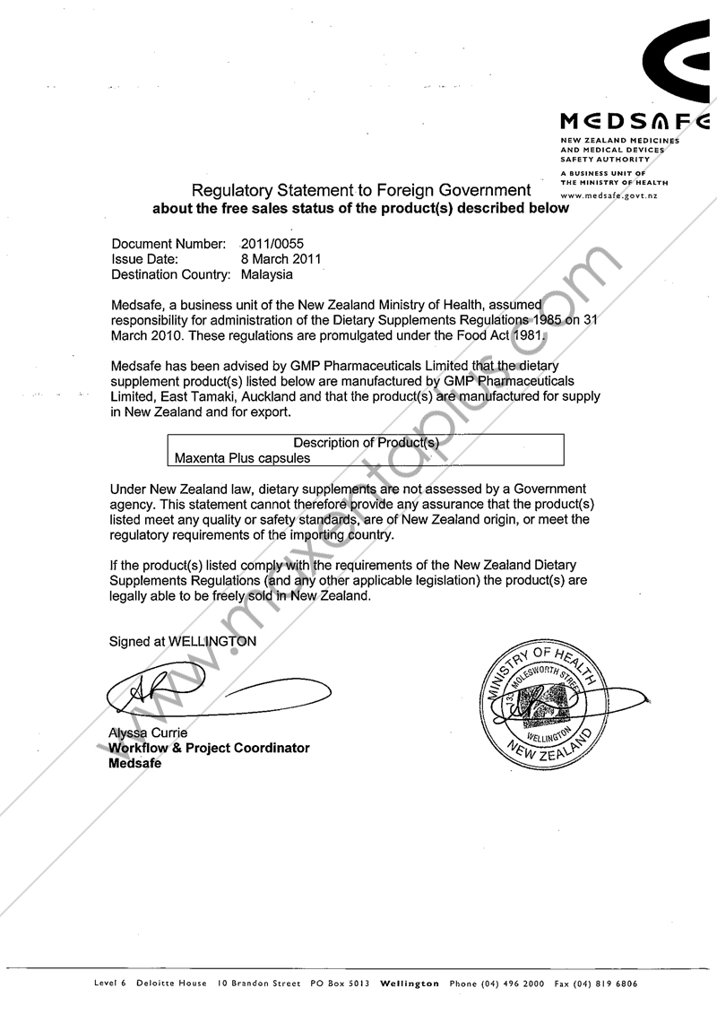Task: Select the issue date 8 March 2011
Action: (281, 259)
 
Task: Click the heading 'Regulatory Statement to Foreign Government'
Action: (359, 190)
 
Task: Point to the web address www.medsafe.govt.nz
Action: (609, 195)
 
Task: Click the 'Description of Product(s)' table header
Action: (367, 442)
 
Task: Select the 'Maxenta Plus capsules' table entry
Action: (243, 457)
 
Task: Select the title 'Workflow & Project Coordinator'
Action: (209, 748)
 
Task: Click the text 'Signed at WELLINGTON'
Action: (183, 641)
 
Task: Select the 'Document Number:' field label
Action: (168, 243)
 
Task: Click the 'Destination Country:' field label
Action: (171, 274)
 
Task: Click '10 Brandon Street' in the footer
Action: (258, 984)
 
